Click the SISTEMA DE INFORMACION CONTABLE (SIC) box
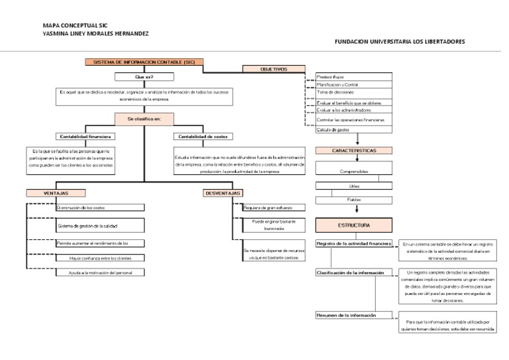[x=144, y=62]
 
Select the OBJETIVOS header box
[x=274, y=69]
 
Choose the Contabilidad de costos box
[x=203, y=137]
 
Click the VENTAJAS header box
[x=56, y=193]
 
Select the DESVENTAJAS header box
[x=223, y=193]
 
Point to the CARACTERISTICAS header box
[x=353, y=150]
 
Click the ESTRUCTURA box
[x=353, y=225]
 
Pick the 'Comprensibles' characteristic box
[x=353, y=171]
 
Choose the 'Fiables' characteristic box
[x=353, y=199]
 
